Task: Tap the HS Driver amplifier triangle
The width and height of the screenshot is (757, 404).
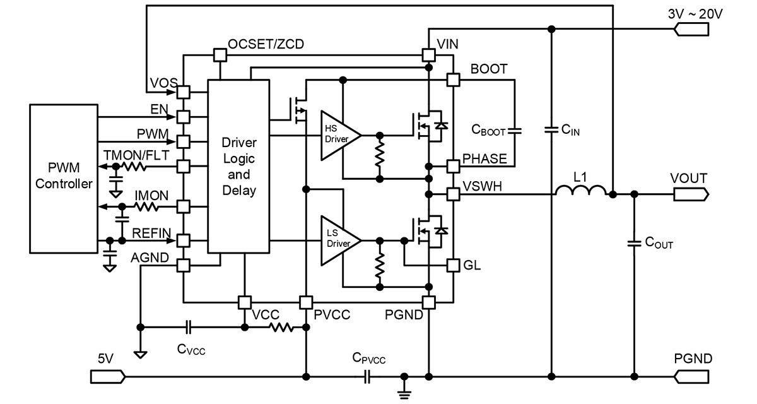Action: pos(341,135)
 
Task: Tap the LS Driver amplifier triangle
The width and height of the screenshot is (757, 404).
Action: pos(341,241)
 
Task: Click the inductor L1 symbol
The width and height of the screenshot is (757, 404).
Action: pos(581,190)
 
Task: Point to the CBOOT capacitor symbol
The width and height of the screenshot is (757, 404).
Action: pos(515,131)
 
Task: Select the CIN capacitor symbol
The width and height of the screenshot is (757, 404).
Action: pos(551,130)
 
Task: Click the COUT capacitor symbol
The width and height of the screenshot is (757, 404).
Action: pos(634,244)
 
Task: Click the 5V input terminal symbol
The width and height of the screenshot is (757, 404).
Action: pos(108,377)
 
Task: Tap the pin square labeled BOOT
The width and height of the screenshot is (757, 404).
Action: pos(453,80)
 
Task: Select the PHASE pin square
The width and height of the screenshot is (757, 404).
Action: pos(453,166)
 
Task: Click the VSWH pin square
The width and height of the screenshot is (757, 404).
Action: pos(453,194)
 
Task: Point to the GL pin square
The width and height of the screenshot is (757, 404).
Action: pos(453,266)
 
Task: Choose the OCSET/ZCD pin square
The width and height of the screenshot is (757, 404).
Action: pos(220,55)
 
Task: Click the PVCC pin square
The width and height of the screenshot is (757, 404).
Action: pos(306,302)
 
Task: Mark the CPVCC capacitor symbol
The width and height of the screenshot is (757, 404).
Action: pos(367,377)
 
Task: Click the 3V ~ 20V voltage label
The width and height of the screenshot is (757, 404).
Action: pos(695,14)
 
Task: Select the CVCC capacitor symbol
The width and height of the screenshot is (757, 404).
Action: pos(189,327)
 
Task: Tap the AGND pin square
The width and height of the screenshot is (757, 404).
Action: pos(184,266)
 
